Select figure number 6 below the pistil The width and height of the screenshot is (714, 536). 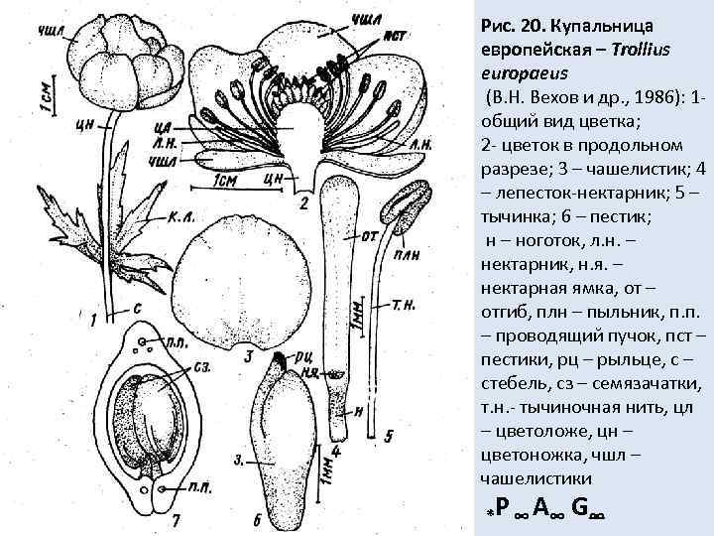(257, 520)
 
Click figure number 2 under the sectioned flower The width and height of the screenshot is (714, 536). (303, 202)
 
